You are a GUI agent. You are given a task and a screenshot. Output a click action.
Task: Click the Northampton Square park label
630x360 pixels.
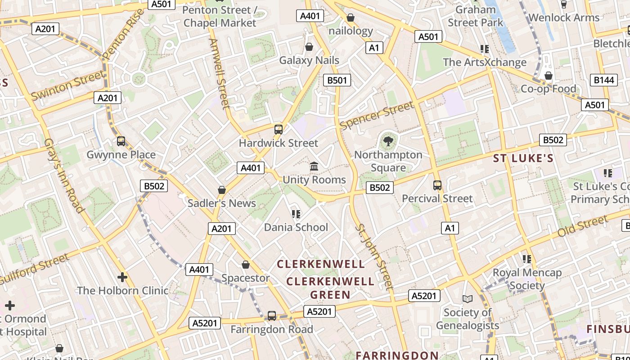point(388,161)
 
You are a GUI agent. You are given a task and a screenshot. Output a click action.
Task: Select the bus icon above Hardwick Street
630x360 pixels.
point(279,130)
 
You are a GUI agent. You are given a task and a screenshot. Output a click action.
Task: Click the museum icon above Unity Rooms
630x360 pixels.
point(314,166)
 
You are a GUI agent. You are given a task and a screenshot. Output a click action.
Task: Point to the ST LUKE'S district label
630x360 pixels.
point(523,158)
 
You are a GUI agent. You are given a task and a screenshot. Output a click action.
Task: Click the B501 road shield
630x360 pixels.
point(337,81)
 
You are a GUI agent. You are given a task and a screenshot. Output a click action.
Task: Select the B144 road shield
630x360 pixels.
point(603,80)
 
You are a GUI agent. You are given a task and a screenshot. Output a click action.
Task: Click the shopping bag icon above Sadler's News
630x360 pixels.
point(221,190)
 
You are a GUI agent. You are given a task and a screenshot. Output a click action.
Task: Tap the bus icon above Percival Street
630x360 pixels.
point(437,185)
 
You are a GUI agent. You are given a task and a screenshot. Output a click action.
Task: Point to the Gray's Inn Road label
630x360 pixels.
point(64,175)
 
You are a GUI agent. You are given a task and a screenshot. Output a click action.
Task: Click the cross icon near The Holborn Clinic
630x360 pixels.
point(122,277)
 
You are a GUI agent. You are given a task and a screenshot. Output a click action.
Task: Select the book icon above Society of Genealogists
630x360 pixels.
point(468,299)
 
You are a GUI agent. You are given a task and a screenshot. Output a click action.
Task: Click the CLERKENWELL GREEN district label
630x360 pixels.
point(330,288)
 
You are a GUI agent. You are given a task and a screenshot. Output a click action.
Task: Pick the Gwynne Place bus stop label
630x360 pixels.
point(121,155)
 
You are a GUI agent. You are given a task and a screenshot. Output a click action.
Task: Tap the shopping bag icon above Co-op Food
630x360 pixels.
point(548,76)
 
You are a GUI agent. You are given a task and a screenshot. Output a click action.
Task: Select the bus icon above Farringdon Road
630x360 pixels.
point(272,316)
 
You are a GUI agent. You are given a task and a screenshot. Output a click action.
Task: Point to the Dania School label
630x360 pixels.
point(296,227)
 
